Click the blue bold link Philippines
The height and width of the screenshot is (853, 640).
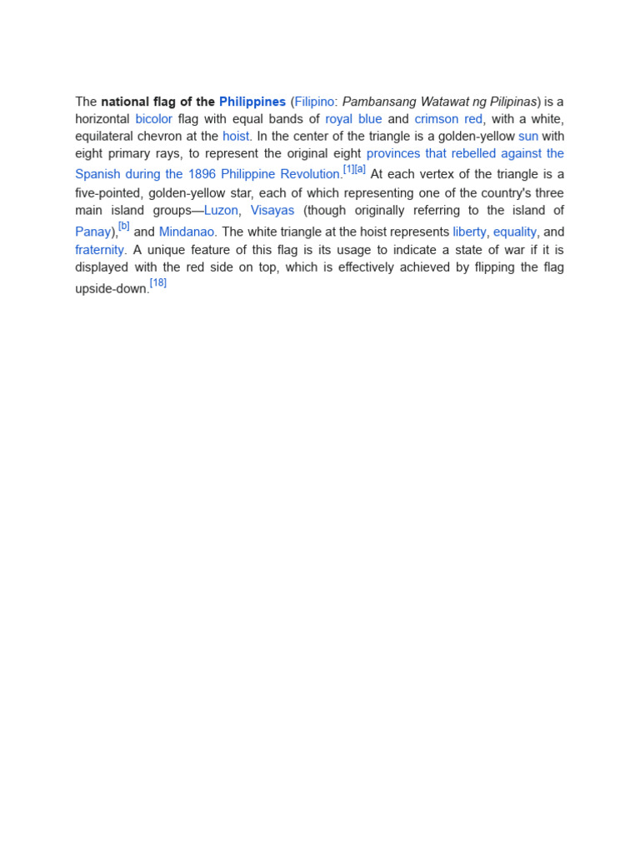tap(252, 102)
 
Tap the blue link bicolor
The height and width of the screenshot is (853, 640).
tap(153, 119)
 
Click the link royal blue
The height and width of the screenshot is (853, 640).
tap(353, 119)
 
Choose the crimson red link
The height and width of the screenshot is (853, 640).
tap(448, 119)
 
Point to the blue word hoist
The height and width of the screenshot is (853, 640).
tap(236, 136)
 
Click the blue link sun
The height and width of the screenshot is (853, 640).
tap(528, 136)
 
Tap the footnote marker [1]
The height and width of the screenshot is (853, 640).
tap(348, 169)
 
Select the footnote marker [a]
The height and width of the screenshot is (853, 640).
tap(360, 169)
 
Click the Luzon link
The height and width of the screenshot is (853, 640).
tap(221, 211)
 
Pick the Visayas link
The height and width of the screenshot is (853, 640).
tap(272, 211)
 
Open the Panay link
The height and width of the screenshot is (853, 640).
tap(92, 232)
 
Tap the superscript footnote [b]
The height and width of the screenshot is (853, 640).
tap(124, 227)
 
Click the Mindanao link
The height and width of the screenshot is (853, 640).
tap(187, 232)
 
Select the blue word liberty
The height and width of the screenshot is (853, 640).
tap(469, 232)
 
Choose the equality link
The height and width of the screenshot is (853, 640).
tap(515, 232)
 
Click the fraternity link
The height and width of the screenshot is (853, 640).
tap(99, 250)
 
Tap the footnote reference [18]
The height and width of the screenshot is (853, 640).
tap(157, 283)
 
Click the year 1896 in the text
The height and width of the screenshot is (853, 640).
tap(202, 175)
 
